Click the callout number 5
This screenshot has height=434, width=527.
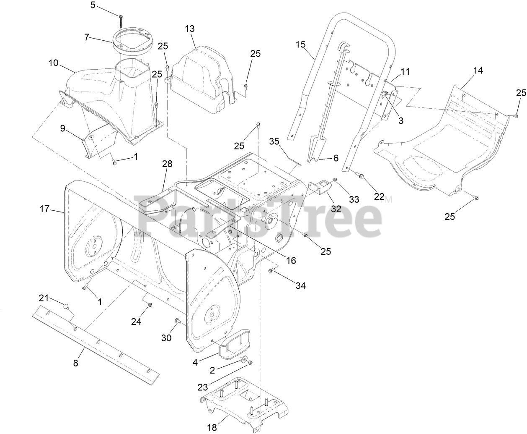(x=93, y=5)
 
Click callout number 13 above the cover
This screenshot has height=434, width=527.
(x=189, y=29)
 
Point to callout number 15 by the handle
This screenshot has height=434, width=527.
(x=300, y=44)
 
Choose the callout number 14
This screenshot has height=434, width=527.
(x=478, y=71)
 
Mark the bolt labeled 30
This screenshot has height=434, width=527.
(x=177, y=322)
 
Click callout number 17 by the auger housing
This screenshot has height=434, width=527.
(x=45, y=209)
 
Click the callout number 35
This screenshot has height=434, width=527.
(x=274, y=141)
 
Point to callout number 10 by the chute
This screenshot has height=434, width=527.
(x=53, y=63)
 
